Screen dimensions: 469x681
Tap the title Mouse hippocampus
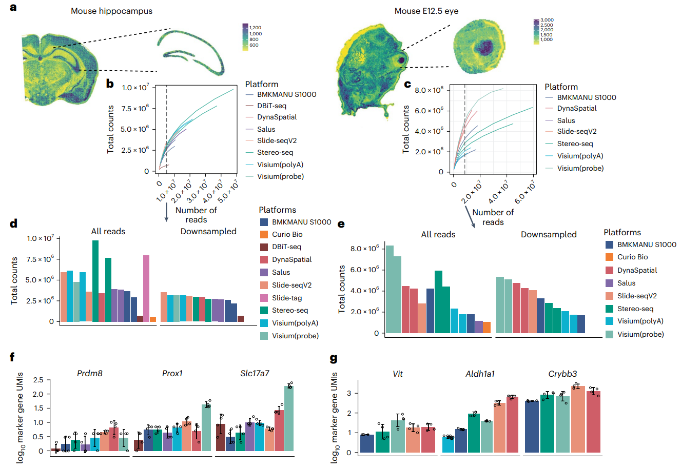tap(111, 11)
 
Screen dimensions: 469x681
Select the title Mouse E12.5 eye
tap(426, 11)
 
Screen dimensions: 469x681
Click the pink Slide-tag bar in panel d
tap(146, 288)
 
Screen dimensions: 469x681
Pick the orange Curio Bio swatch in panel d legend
tap(264, 234)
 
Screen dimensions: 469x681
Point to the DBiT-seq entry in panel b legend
tap(271, 106)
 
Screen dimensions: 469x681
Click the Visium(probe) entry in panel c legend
tap(580, 168)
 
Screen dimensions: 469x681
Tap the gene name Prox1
tap(172, 373)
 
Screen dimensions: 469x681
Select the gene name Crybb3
tap(562, 374)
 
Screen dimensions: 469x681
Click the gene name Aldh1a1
tap(480, 374)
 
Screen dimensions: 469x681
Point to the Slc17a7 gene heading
tap(255, 373)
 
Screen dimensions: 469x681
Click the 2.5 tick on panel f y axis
tap(38, 380)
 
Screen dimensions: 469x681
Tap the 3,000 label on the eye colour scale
tap(547, 20)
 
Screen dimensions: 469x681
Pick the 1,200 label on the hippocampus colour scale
tap(255, 28)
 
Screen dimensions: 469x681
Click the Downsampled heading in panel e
tap(549, 234)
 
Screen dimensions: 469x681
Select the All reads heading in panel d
tap(108, 231)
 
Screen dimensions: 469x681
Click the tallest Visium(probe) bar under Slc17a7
tap(289, 418)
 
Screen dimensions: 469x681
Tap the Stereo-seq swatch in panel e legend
tap(610, 309)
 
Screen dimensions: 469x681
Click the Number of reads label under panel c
tap(493, 217)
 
